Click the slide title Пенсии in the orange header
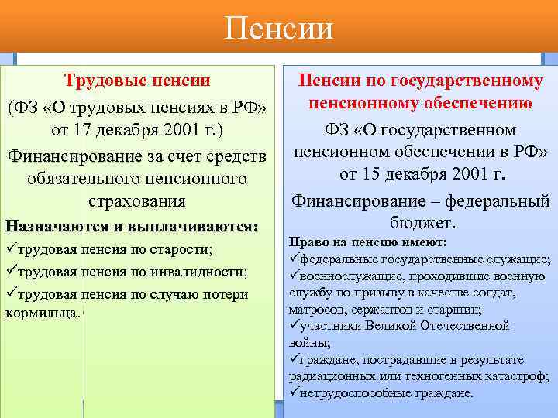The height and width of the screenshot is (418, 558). point(279,29)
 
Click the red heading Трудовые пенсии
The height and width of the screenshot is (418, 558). point(137,80)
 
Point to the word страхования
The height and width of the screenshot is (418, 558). point(137,202)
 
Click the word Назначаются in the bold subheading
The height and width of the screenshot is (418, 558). point(53,227)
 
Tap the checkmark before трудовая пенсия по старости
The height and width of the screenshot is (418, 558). point(10,249)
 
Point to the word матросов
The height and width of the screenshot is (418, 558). point(314,310)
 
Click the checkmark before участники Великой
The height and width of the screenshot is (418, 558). point(293,327)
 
